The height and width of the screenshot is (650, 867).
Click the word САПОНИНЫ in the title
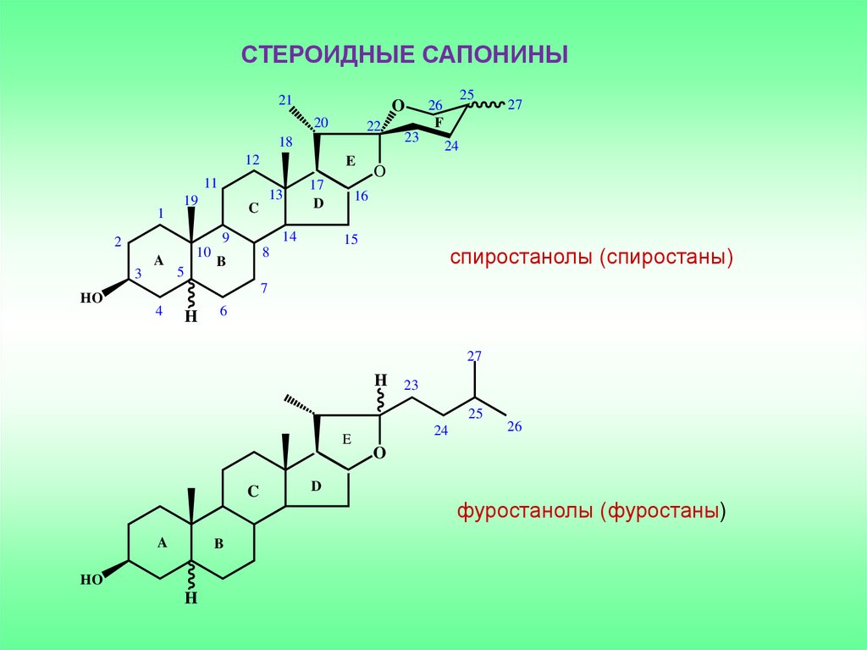492,55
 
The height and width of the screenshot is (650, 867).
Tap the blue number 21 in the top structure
284,97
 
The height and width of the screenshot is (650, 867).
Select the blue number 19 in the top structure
191,200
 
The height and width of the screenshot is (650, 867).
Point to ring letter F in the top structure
439,123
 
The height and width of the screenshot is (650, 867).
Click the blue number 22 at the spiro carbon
373,126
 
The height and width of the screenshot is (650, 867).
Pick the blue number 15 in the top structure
351,240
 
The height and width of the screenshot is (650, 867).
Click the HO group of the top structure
91,298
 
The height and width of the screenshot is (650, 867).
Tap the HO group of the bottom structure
91,581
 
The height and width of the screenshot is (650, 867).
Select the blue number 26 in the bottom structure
515,426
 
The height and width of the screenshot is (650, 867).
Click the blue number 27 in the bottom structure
474,355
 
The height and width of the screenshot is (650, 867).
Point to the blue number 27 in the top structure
515,105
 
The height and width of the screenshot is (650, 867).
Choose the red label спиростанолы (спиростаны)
591,257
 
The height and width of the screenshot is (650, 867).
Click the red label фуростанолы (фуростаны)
592,513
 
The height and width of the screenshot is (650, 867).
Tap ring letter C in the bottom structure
252,489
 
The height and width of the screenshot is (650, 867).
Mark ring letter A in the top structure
158,261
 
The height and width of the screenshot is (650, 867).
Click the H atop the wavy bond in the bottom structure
381,379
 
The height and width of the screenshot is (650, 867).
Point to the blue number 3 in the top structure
136,272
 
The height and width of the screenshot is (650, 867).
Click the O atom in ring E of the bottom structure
379,453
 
